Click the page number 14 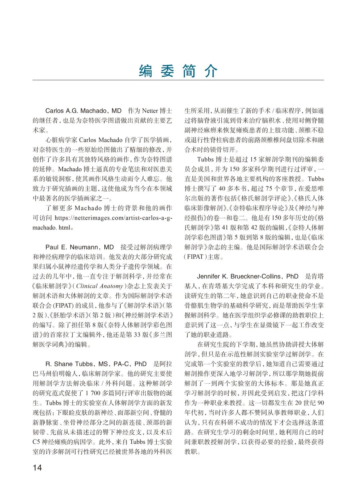[37, 467]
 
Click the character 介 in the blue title [211, 71]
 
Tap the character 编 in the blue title [146, 71]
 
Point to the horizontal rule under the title [178, 80]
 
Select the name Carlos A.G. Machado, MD [83, 111]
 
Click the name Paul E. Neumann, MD [79, 247]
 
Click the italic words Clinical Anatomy [99, 286]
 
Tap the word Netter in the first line [150, 111]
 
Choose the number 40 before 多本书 [222, 189]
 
